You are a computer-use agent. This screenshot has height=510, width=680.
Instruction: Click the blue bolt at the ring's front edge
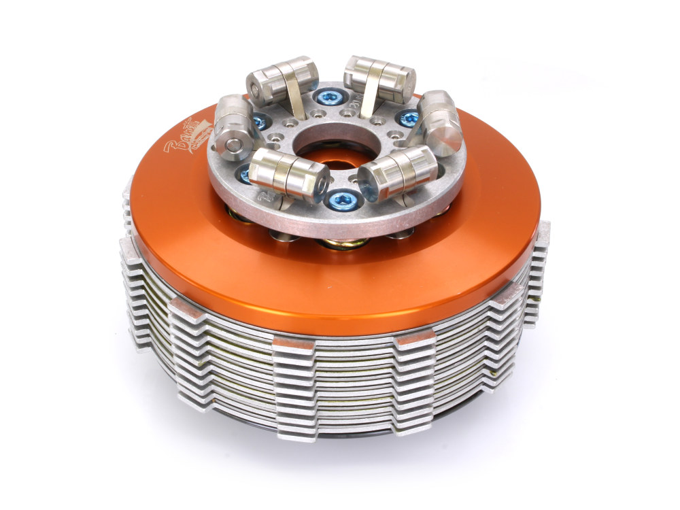tap(337, 200)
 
